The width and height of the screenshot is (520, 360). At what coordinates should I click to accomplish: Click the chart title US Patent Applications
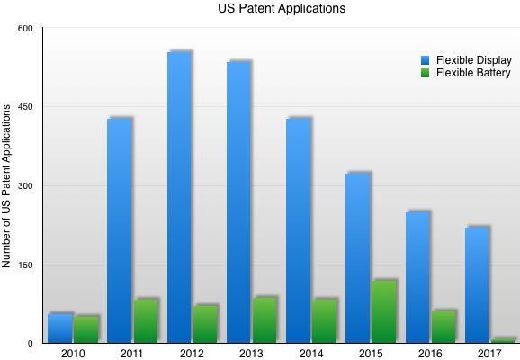click(282, 8)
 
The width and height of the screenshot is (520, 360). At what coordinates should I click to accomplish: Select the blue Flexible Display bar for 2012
click(179, 197)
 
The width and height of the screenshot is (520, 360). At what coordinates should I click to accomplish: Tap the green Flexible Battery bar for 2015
click(383, 312)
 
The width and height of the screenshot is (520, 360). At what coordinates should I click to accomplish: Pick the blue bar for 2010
click(60, 328)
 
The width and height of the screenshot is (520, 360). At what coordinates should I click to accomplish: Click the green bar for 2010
click(86, 329)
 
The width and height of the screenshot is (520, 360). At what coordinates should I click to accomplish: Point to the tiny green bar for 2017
click(503, 341)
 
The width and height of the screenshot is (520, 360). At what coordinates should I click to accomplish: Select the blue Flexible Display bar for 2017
click(477, 285)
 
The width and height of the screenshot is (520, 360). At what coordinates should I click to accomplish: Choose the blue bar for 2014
click(299, 230)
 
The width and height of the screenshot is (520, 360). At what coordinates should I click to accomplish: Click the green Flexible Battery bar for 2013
click(264, 320)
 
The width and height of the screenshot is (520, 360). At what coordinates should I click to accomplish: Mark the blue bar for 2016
click(417, 277)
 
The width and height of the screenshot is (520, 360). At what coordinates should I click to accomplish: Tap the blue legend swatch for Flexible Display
click(425, 60)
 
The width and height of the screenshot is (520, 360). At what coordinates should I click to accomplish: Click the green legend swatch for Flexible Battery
click(425, 73)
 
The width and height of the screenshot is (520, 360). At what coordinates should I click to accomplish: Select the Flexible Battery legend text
click(473, 73)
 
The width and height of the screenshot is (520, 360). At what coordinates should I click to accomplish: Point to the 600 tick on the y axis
click(25, 29)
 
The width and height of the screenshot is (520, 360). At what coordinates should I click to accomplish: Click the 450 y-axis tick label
click(25, 107)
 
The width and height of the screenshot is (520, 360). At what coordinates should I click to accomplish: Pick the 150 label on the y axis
click(25, 265)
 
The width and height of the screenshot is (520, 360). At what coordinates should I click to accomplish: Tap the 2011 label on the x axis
click(131, 354)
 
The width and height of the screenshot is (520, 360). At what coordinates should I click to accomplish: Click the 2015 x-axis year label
click(371, 354)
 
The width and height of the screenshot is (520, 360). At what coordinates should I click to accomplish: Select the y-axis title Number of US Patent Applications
click(6, 186)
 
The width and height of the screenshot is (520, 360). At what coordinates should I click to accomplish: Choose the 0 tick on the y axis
click(31, 344)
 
